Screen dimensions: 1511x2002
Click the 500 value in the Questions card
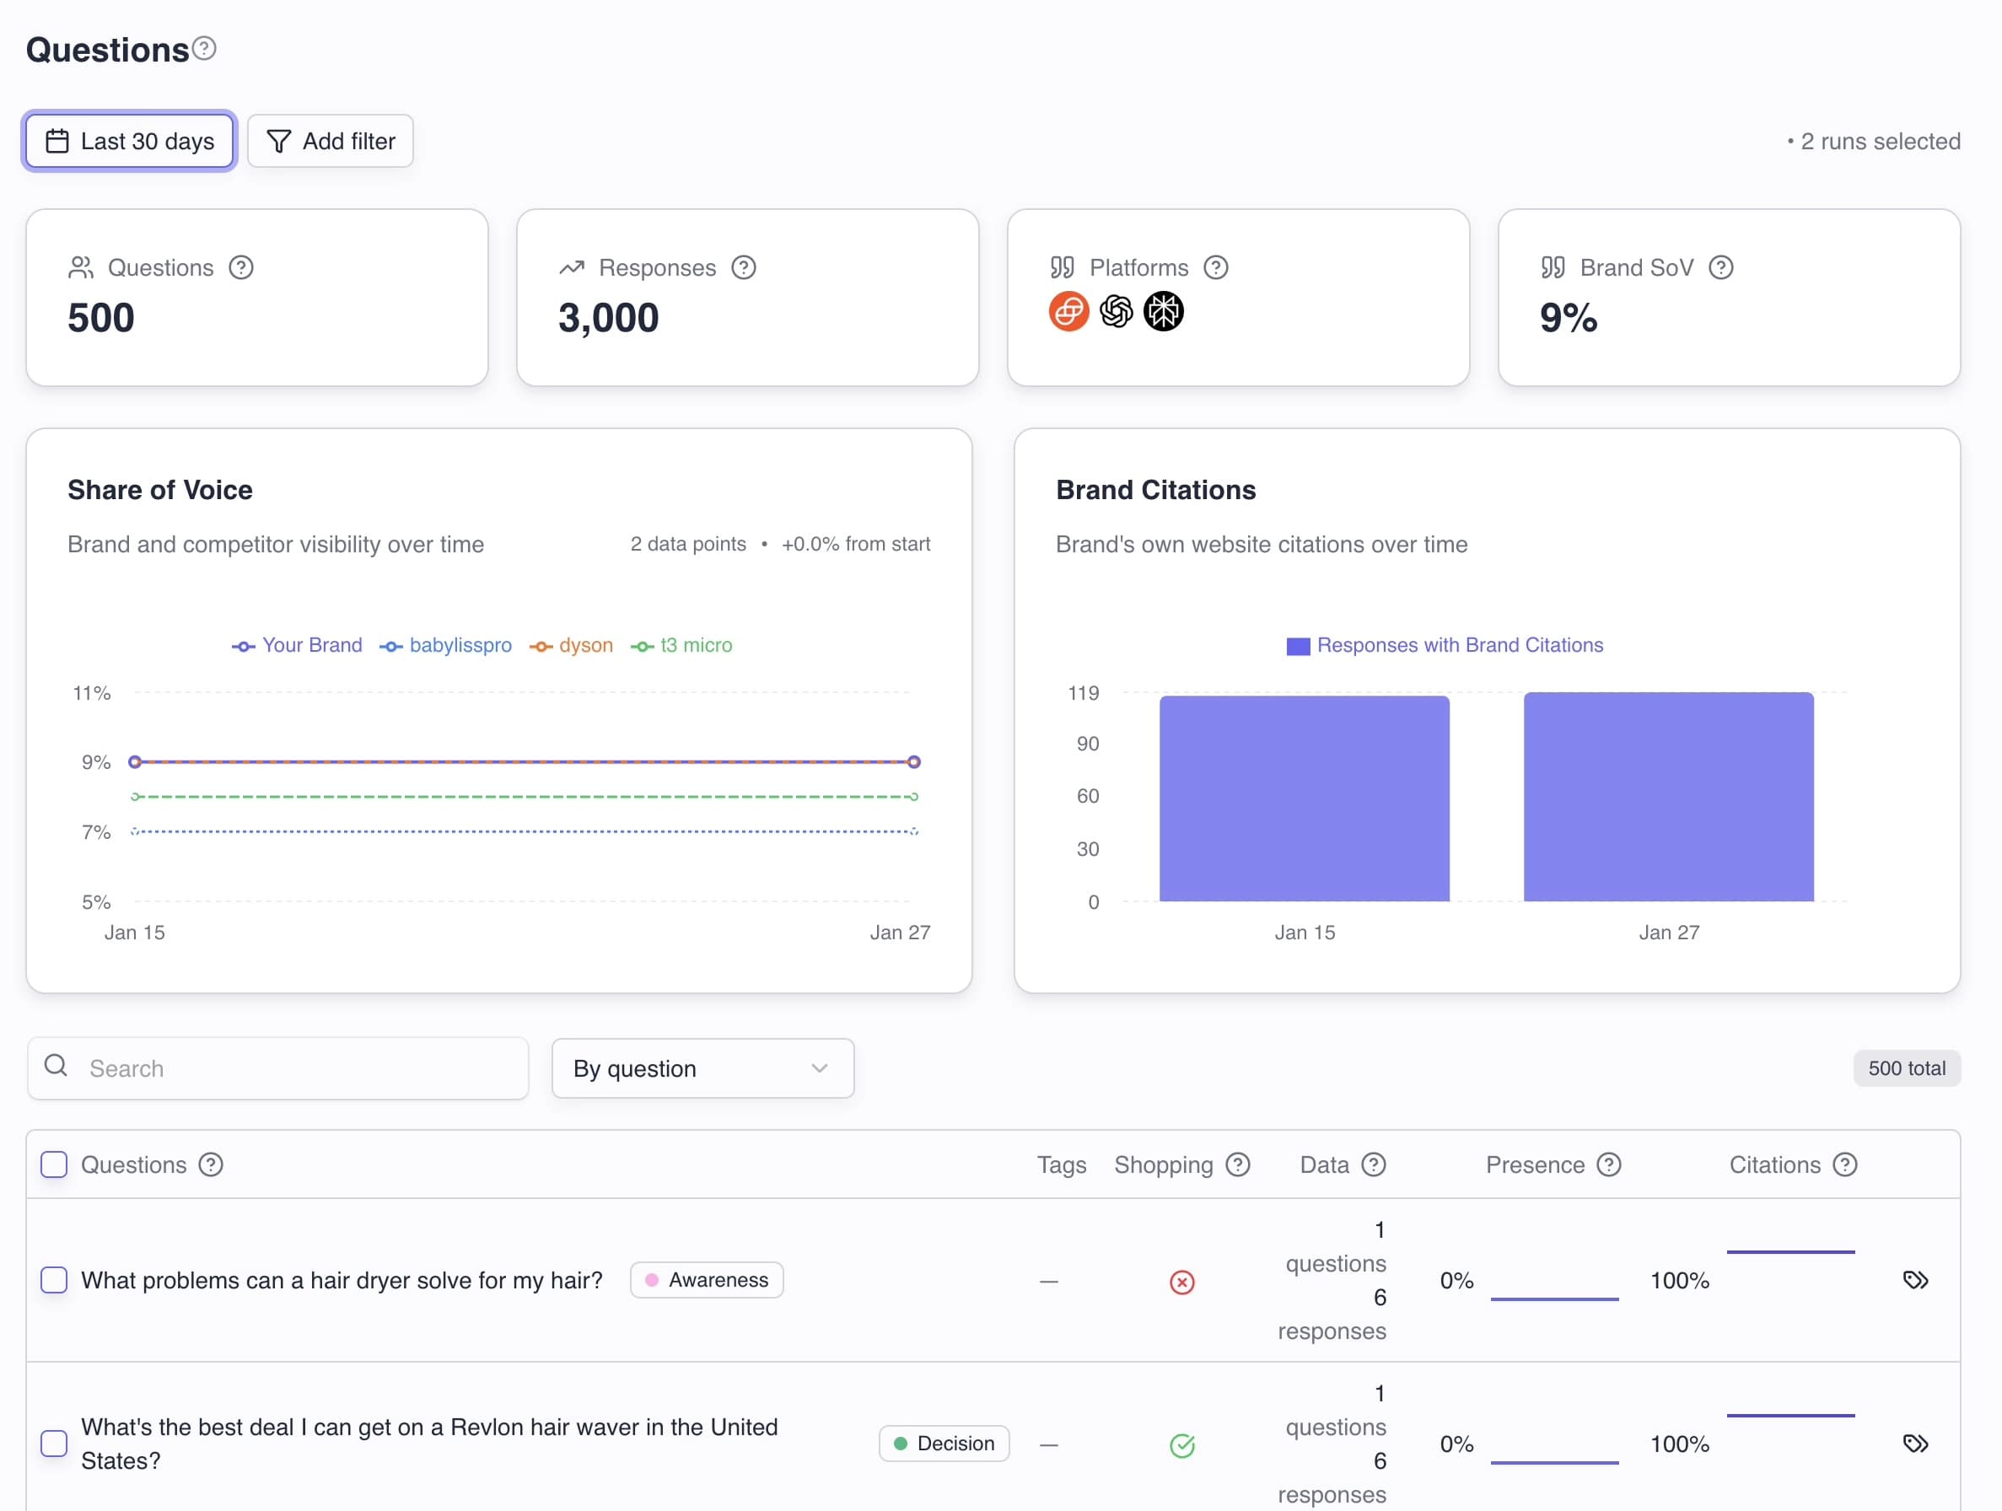(x=100, y=318)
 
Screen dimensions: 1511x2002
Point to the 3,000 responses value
(x=608, y=318)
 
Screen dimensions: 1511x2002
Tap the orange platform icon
(x=1068, y=311)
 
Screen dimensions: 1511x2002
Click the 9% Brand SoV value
(x=1568, y=318)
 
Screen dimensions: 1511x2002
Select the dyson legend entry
(x=572, y=645)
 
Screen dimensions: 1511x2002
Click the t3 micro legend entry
(x=682, y=645)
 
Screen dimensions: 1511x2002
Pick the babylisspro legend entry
(x=446, y=645)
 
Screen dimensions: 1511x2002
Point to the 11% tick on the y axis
(x=91, y=693)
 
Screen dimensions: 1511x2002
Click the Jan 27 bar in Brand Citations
(x=1668, y=796)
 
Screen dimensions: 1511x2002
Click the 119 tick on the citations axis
(x=1083, y=693)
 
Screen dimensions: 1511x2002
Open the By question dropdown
(x=702, y=1068)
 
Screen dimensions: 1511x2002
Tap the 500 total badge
(x=1906, y=1068)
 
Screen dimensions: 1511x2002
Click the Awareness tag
(x=707, y=1280)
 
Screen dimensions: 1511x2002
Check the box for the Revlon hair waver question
(x=54, y=1444)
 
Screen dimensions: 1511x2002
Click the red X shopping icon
(x=1182, y=1282)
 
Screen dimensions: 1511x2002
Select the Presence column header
(x=1535, y=1164)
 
